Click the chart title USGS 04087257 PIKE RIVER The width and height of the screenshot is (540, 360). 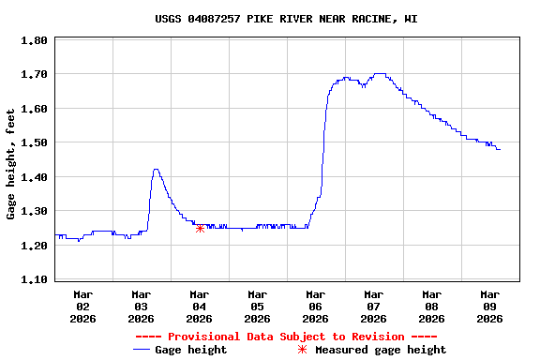[286, 19]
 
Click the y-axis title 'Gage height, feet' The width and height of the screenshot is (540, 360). [11, 164]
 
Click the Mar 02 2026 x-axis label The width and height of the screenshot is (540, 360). [82, 306]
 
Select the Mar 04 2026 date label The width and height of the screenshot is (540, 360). [199, 306]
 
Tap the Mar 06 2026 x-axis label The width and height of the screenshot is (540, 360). [315, 306]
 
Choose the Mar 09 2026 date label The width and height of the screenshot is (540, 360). [489, 306]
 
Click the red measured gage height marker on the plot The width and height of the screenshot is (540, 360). [200, 228]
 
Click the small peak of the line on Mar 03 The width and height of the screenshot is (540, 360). [156, 170]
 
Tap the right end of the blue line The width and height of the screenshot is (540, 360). [500, 149]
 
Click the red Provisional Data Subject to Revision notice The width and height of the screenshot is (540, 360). [286, 337]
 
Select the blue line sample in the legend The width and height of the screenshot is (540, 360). [142, 350]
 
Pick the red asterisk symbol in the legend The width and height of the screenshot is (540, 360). [302, 350]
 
